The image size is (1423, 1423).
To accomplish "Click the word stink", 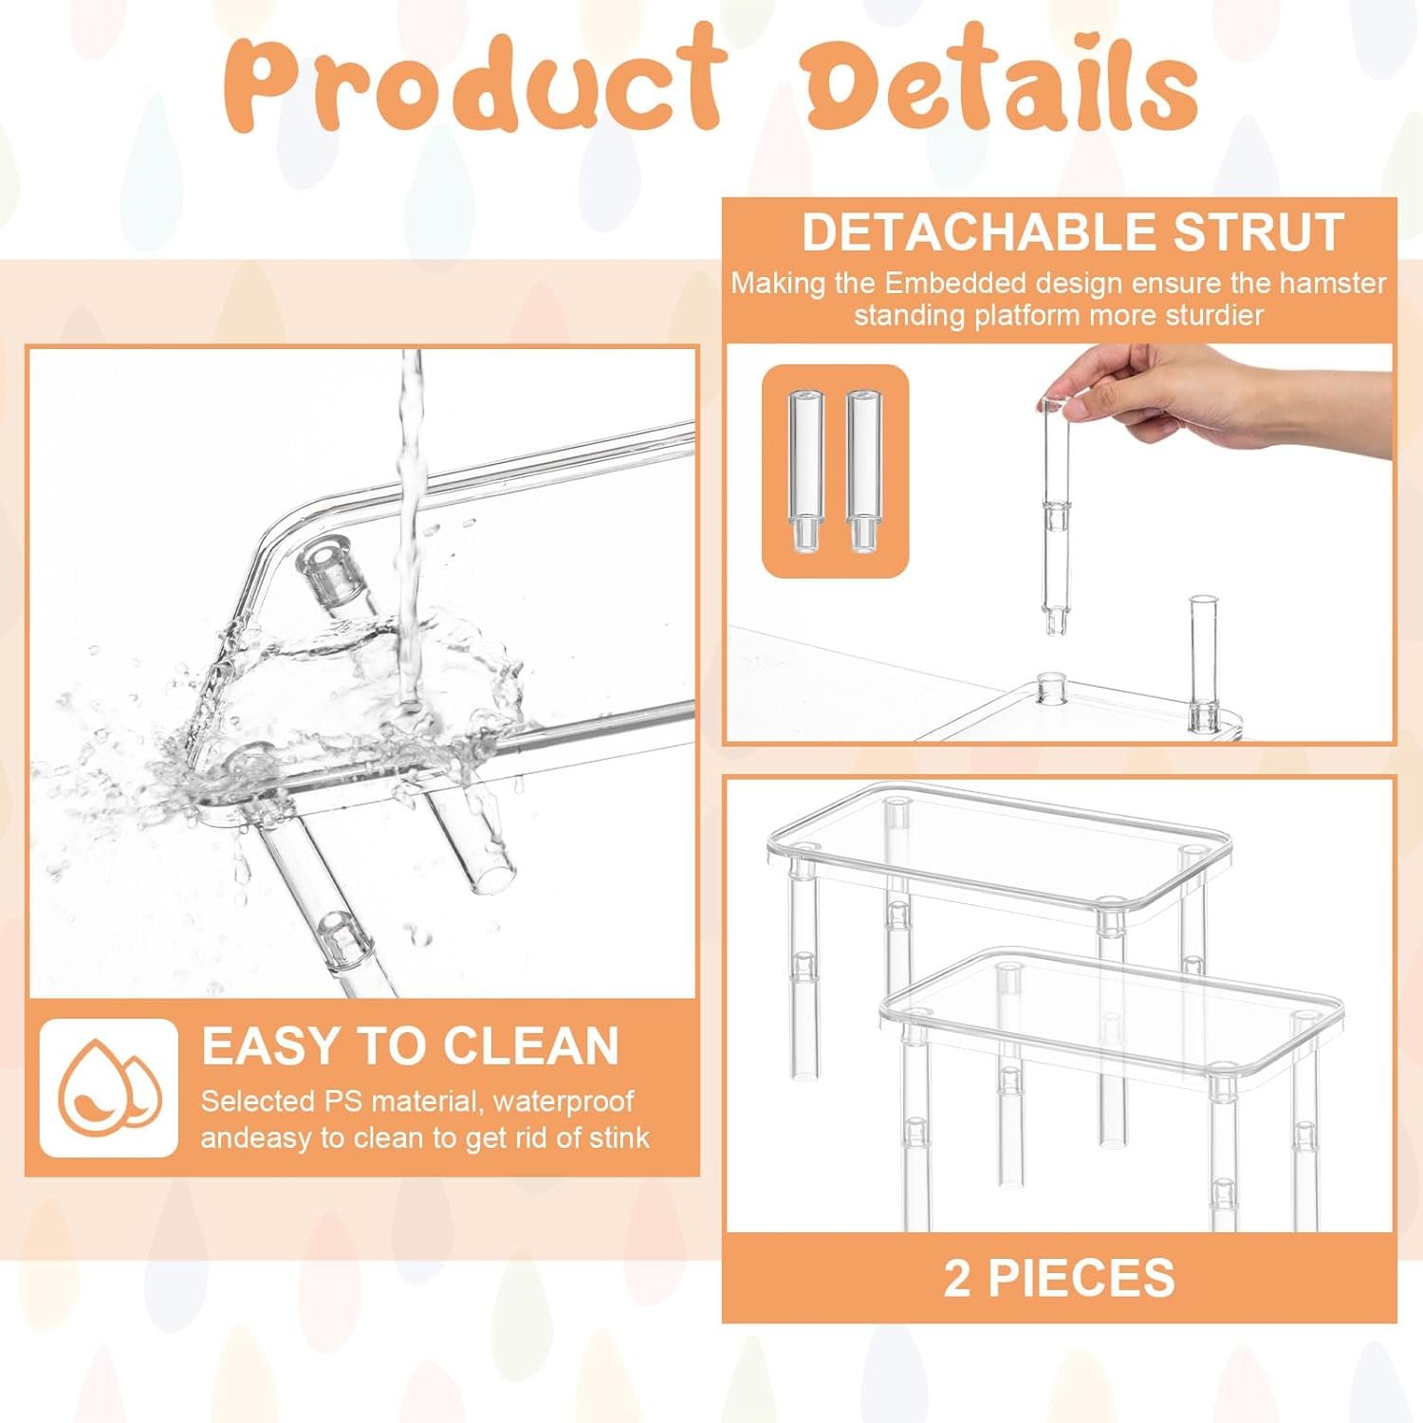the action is pos(619,1137).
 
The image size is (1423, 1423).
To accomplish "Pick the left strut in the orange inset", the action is pos(804,471).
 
